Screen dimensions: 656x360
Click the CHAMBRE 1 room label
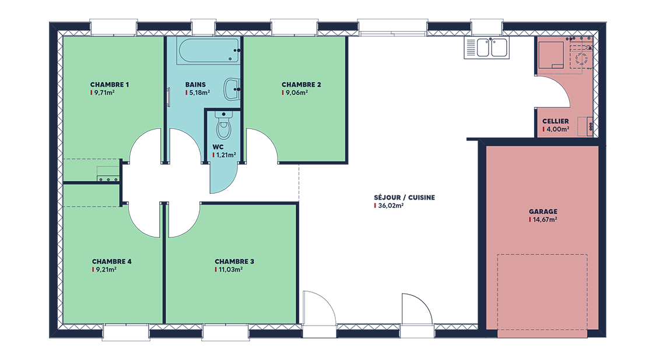pos(110,85)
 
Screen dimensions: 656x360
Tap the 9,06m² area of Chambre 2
pos(297,93)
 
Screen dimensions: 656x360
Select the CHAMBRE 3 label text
pos(234,261)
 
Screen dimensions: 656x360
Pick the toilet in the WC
pos(223,125)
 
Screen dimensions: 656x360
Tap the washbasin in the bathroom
pos(232,89)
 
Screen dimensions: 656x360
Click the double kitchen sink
pos(486,47)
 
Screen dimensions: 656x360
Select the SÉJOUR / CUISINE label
pos(405,198)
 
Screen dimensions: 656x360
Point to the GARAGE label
pos(543,212)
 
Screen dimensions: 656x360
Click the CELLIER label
pos(556,121)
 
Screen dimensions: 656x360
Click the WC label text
pos(218,147)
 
